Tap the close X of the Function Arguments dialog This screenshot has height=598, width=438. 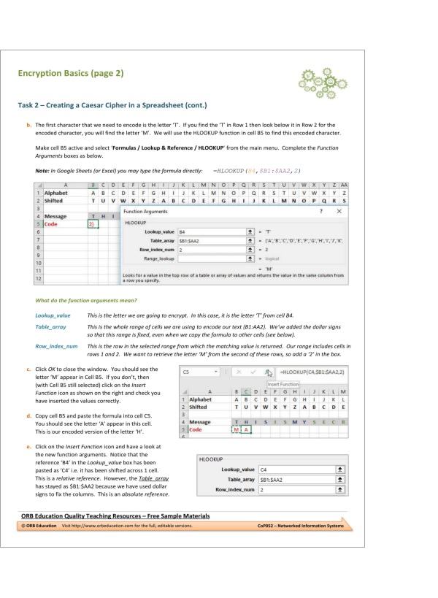tap(339, 210)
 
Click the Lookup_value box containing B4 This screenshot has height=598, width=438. tap(206, 231)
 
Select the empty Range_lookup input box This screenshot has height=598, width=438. tap(206, 258)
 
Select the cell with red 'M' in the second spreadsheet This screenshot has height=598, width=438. tap(236, 429)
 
